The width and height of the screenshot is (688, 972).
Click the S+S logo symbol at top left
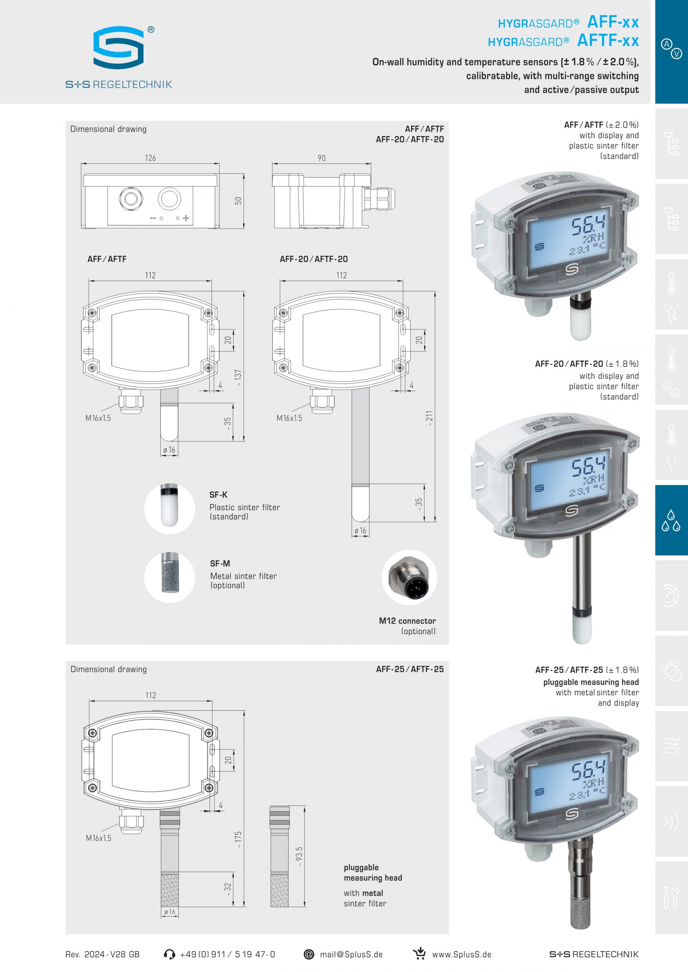click(x=119, y=47)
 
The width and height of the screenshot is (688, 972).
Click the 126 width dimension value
click(x=150, y=158)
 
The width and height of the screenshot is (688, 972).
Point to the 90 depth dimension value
click(x=321, y=158)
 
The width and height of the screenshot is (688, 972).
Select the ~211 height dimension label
click(x=429, y=418)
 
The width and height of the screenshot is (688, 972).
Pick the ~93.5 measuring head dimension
click(x=299, y=856)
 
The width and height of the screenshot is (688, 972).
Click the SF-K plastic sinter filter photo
click(x=169, y=508)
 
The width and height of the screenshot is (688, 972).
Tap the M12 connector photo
click(x=409, y=577)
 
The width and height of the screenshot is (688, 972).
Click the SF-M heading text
click(x=220, y=564)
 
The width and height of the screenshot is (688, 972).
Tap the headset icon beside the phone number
click(x=169, y=954)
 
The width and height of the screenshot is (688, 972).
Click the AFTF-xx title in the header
click(x=608, y=41)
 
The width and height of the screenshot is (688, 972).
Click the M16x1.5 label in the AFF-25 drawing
click(x=98, y=838)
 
